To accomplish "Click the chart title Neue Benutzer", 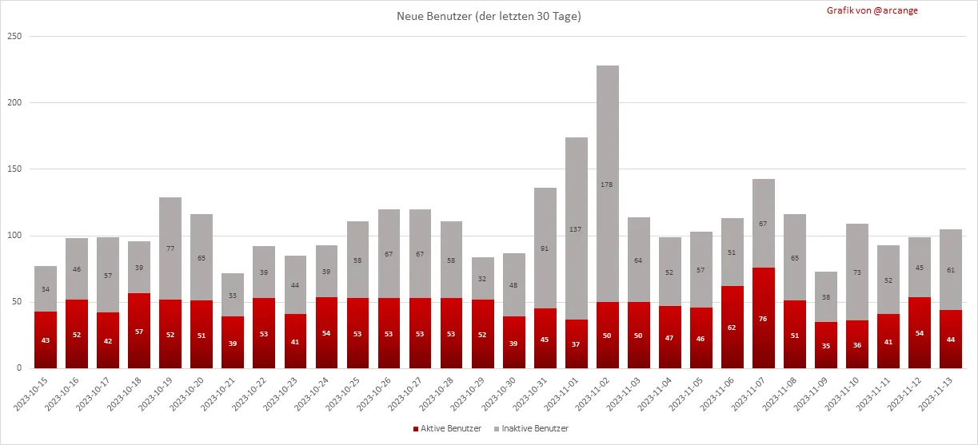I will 489,17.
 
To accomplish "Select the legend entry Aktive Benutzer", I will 447,429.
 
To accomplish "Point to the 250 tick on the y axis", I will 14,37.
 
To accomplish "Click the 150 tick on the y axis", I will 14,169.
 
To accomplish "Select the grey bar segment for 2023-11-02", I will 608,160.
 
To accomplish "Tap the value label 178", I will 608,185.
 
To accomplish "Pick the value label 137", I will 577,229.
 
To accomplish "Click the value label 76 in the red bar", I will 764,318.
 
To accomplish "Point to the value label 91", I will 545,248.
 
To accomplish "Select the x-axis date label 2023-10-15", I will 32,395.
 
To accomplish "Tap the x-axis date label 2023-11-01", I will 564,395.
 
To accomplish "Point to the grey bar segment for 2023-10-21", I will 233,284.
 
